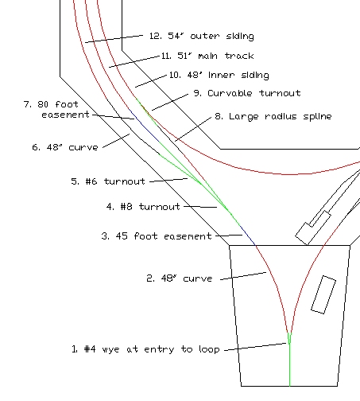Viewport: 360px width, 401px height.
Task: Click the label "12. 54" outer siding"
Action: tap(202, 36)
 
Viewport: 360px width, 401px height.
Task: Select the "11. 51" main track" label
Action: tap(207, 56)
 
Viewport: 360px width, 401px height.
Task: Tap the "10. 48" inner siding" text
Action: tap(219, 75)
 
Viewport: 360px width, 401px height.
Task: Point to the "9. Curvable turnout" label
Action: tap(247, 93)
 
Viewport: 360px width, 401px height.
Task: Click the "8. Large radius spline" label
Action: tap(273, 116)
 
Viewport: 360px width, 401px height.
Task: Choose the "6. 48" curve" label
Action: tap(65, 147)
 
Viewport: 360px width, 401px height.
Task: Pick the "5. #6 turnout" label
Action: tap(108, 181)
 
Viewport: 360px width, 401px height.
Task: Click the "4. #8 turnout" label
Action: tap(143, 207)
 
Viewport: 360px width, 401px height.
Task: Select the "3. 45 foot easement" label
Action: tap(157, 236)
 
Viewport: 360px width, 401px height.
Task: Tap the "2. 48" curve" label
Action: tap(180, 278)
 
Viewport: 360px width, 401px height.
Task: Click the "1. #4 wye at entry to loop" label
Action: tap(145, 349)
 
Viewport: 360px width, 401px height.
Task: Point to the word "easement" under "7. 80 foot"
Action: tap(66, 115)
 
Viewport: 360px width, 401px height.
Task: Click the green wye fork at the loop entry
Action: tap(289, 339)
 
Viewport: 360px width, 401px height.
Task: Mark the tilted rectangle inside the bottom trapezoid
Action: tap(323, 294)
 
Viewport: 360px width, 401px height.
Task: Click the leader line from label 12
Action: tap(114, 39)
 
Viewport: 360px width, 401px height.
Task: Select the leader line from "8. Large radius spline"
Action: tap(193, 129)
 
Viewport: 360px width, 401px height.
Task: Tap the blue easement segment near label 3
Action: tap(247, 235)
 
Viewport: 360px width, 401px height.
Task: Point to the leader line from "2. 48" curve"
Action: tap(243, 276)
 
